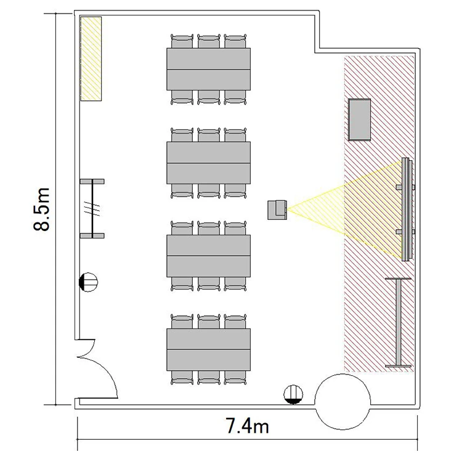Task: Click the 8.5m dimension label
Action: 41,209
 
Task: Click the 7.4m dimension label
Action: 247,426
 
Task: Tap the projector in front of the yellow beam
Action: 277,210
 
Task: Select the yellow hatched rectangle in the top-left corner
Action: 91,59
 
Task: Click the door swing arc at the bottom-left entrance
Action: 108,371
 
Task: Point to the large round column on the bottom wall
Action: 342,402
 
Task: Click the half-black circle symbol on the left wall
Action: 88,282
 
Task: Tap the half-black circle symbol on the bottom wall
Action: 293,394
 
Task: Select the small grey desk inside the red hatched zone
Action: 359,120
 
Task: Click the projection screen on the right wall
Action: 407,209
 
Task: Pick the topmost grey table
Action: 209,69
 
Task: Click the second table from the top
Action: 209,163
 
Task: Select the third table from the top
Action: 209,256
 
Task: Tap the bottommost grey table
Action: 209,349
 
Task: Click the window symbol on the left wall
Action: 92,208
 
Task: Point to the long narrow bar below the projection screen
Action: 399,322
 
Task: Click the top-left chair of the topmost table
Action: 182,41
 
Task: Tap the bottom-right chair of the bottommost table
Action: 235,378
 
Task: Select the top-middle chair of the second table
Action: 209,135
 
